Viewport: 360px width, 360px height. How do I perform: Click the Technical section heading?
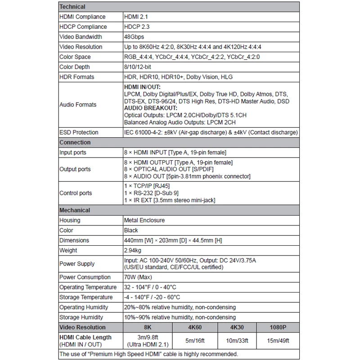click(72, 7)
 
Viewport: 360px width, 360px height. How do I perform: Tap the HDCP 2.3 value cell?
click(136, 27)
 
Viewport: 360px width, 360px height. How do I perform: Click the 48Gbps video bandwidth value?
click(135, 37)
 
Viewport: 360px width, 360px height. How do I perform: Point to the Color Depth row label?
click(74, 67)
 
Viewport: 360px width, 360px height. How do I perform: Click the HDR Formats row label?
click(76, 77)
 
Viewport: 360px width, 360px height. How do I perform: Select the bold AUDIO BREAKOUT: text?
click(150, 108)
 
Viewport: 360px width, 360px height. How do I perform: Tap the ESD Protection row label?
click(79, 132)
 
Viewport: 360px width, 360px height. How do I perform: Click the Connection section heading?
click(75, 142)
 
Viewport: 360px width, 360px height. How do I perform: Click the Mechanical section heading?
click(75, 210)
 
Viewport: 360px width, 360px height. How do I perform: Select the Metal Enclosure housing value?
click(144, 220)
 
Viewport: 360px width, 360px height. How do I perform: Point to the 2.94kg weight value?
click(134, 250)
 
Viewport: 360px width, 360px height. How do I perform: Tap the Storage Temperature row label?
click(86, 297)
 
